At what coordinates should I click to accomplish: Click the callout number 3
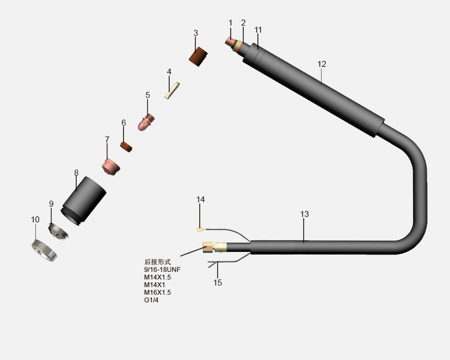[196, 33]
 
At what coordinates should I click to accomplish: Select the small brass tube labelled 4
[172, 90]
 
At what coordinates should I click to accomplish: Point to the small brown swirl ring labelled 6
[127, 147]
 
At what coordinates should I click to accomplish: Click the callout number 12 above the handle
[322, 64]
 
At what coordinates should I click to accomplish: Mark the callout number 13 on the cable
[304, 214]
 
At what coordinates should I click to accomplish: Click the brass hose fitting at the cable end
[214, 247]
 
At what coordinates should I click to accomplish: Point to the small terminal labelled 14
[201, 229]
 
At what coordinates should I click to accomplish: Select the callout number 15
[218, 283]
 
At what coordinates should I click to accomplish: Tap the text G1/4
[151, 300]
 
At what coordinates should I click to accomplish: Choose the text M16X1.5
[157, 292]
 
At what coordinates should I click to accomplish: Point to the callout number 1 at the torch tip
[230, 23]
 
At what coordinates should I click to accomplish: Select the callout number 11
[258, 29]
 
